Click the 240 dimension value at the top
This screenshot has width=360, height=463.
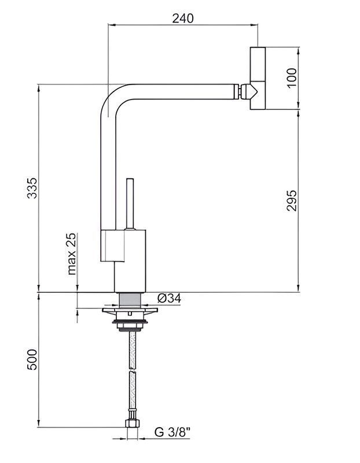(x=183, y=19)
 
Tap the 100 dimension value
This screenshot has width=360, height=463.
(x=292, y=78)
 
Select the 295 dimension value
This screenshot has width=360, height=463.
(x=292, y=200)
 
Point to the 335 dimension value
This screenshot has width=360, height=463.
(x=32, y=188)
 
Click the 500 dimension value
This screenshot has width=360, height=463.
(x=32, y=359)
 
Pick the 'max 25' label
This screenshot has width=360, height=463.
(x=71, y=254)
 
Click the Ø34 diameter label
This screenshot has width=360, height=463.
(x=169, y=299)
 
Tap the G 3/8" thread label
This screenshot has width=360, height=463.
(x=172, y=432)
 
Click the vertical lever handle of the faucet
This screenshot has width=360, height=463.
(x=130, y=204)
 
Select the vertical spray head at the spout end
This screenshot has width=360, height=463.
(x=258, y=78)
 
